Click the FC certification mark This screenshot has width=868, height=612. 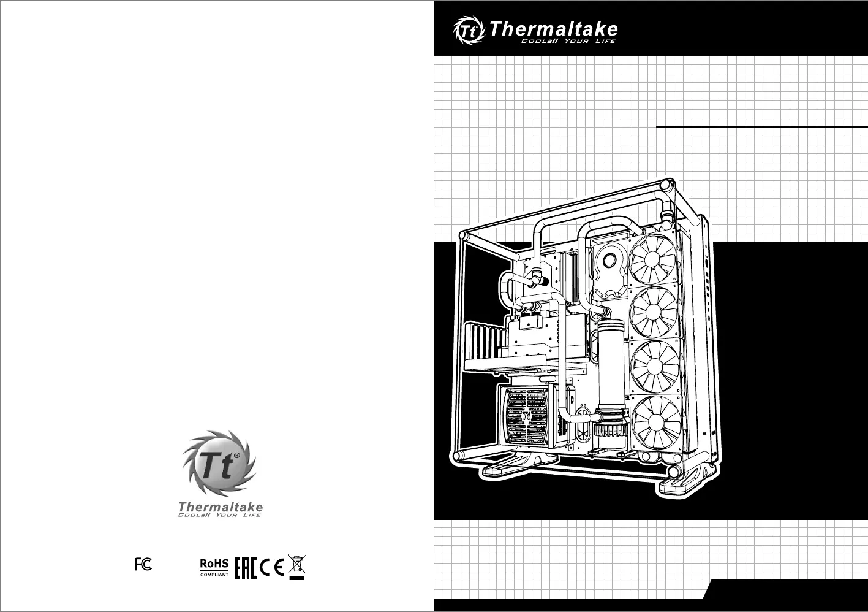[x=143, y=564]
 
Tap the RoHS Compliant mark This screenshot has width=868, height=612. [x=214, y=567]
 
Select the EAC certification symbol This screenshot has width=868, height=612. [x=246, y=567]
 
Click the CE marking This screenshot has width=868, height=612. [x=272, y=568]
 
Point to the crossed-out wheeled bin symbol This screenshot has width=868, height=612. [x=297, y=567]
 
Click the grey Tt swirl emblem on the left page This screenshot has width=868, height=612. [x=220, y=463]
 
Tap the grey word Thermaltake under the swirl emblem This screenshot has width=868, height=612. [x=221, y=507]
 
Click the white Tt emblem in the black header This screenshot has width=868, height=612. [x=469, y=30]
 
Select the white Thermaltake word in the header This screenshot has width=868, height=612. [x=553, y=29]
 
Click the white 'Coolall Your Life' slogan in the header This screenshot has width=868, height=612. [x=568, y=41]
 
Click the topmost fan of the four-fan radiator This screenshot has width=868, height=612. [x=652, y=258]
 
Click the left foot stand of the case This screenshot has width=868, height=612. [x=519, y=465]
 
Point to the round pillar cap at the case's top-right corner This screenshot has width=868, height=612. [x=666, y=185]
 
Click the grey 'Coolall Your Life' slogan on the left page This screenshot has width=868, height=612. [x=220, y=515]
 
